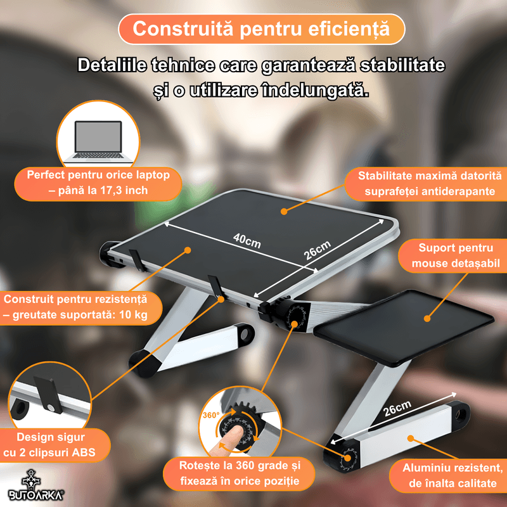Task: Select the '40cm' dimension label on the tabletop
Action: tap(247, 241)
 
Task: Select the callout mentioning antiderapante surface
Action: tap(429, 184)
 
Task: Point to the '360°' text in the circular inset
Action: tap(211, 416)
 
